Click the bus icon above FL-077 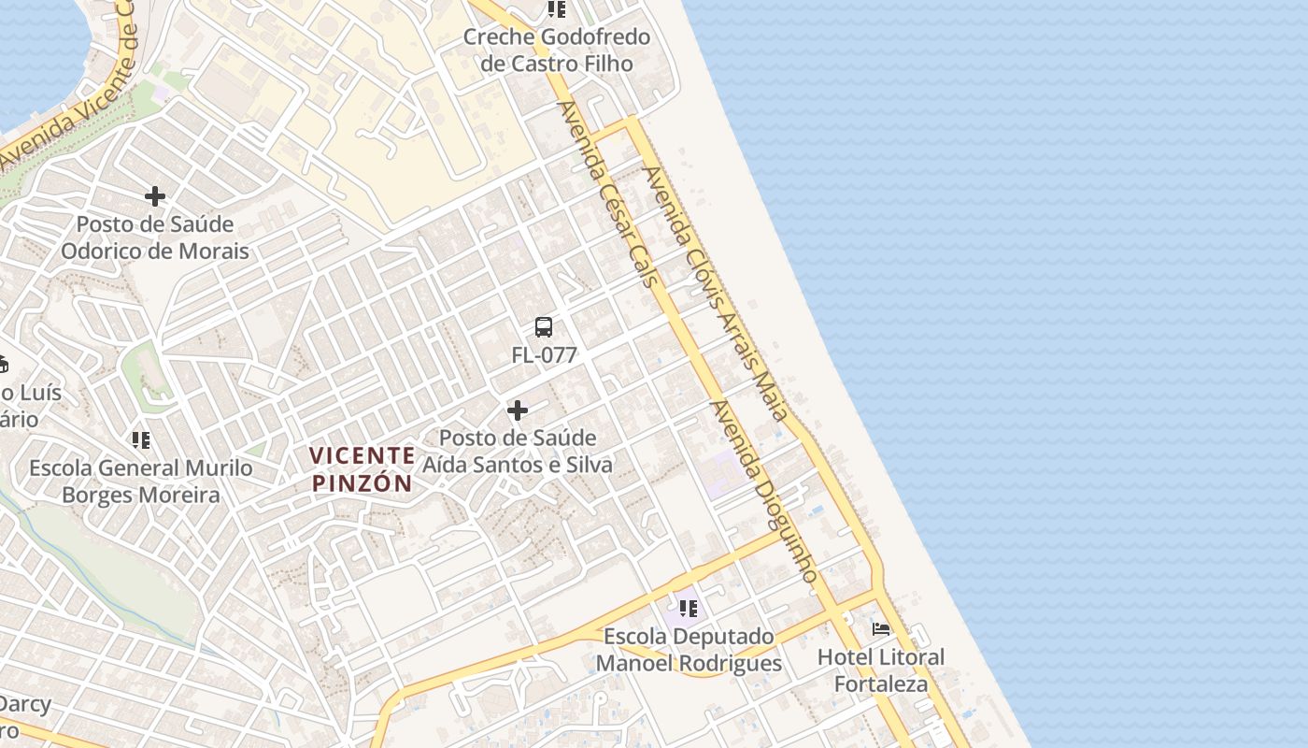point(544,327)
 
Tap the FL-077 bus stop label point(544,355)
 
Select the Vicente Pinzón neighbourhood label point(362,469)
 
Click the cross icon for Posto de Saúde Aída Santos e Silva point(517,410)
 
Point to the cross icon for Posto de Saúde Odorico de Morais point(155,196)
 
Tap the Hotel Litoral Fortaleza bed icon point(881,628)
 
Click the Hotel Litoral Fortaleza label point(881,670)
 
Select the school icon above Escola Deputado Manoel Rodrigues point(689,609)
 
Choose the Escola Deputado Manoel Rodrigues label point(689,650)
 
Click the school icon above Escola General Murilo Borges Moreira point(141,439)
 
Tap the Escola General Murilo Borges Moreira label point(141,482)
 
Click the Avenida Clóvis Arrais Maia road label point(716,293)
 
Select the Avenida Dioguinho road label point(764,492)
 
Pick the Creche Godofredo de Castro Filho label point(557,50)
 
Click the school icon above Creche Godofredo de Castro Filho point(557,9)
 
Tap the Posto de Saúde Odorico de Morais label point(155,237)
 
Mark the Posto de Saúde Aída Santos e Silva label point(518,452)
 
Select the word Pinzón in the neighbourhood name point(362,483)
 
